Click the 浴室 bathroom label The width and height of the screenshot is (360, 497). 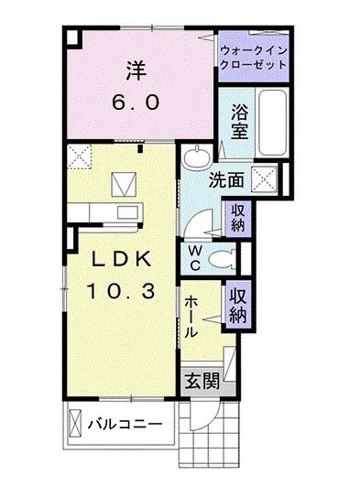239,120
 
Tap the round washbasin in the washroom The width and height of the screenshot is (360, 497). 195,161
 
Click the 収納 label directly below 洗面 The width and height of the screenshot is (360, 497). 236,218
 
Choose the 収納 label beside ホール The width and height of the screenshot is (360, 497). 237,306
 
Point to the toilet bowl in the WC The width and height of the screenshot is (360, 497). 219,259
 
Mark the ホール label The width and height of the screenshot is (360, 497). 191,316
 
